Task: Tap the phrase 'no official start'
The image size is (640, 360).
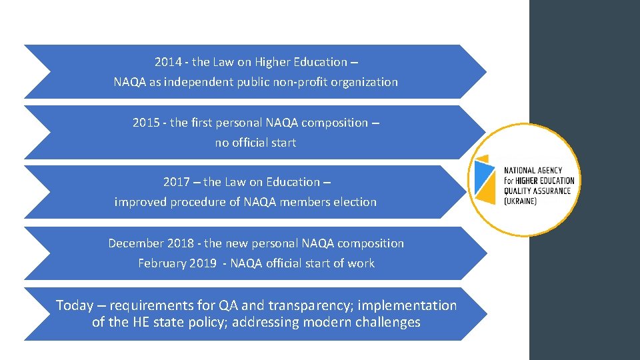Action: pos(255,143)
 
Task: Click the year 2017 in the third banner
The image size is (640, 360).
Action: pos(177,182)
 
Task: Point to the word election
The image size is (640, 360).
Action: pos(353,202)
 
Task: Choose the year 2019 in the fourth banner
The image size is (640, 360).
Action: pos(201,263)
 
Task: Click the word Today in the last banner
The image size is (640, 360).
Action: pos(74,306)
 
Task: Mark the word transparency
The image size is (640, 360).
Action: pos(309,306)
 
